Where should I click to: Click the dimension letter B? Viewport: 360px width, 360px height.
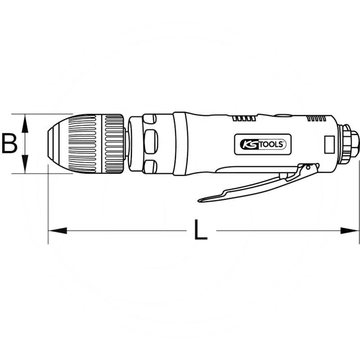pos(9,144)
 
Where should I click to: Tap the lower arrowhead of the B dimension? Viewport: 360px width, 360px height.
pos(25,166)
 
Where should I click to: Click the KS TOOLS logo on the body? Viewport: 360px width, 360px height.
pos(260,144)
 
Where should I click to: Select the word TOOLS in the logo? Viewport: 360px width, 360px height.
pos(270,144)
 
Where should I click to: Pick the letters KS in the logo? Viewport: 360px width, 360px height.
pos(246,144)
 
